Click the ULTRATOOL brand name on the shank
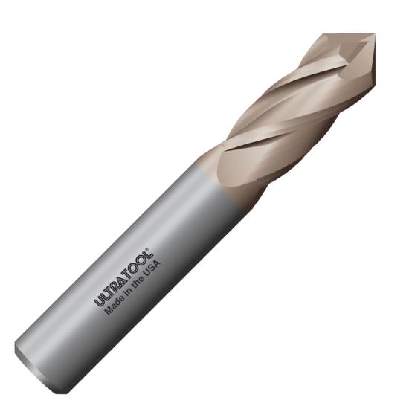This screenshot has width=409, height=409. click(x=123, y=277)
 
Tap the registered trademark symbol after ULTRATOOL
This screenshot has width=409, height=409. click(x=149, y=249)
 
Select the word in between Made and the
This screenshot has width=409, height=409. click(x=126, y=293)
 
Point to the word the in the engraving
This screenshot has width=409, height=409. click(x=136, y=283)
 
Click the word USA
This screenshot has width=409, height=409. click(x=152, y=268)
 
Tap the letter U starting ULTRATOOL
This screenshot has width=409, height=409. click(x=100, y=302)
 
